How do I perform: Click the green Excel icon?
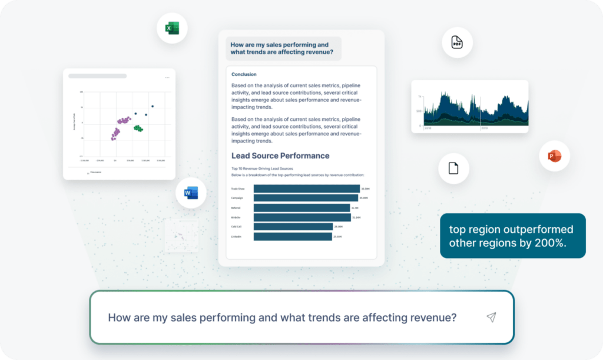point(172,28)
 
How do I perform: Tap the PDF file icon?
point(457,42)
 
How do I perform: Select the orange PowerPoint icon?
point(554,156)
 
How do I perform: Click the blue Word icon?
point(191,193)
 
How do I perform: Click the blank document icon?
point(453,168)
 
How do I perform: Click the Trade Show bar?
point(306,189)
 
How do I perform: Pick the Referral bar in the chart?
point(301,208)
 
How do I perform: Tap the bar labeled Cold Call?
point(293,227)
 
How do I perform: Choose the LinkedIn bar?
point(292,236)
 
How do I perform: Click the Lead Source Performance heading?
point(280,156)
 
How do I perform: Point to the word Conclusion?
point(244,74)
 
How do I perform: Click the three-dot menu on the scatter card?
point(167,77)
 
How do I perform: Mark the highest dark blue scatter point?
point(153,107)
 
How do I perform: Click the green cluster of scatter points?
point(138,128)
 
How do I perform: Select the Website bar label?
point(236,217)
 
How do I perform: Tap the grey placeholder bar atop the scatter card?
point(97,76)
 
